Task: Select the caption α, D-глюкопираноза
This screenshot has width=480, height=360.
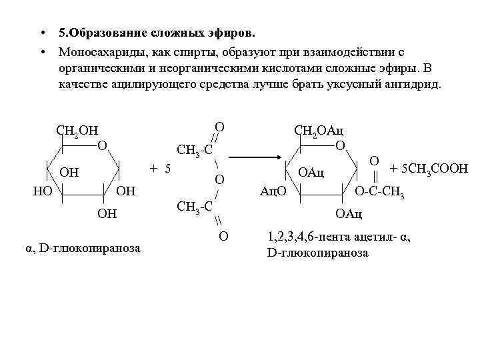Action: pyautogui.click(x=83, y=248)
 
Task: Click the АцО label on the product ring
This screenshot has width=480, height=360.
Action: pyautogui.click(x=273, y=191)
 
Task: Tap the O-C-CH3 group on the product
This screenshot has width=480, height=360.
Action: pyautogui.click(x=379, y=192)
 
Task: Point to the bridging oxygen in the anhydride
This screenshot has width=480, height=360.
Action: pyautogui.click(x=219, y=179)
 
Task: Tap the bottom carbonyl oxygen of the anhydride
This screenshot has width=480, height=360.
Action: pyautogui.click(x=223, y=235)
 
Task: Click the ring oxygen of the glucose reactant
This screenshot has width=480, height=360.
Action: pyautogui.click(x=101, y=145)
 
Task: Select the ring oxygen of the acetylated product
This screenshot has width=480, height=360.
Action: pyautogui.click(x=340, y=145)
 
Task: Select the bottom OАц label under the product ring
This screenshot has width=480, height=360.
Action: pyautogui.click(x=349, y=213)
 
